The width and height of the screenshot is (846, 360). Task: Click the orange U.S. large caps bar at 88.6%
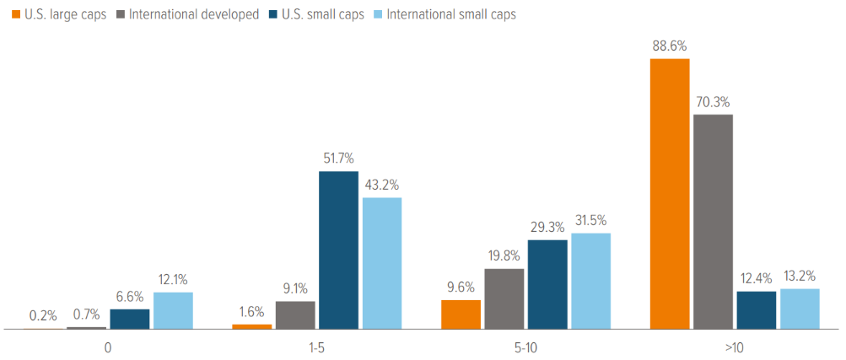point(670,194)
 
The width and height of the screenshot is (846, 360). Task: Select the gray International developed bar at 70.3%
point(713,222)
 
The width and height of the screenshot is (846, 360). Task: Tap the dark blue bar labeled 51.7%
point(338,250)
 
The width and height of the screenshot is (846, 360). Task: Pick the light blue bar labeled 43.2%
point(381,263)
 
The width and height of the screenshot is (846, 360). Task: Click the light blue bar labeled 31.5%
point(590,281)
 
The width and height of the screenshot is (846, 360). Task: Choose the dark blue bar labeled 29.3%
point(547,284)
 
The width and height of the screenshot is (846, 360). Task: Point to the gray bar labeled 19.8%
point(504,298)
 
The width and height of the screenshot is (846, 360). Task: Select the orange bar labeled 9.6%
point(461,314)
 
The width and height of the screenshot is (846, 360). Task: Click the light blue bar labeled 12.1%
point(173,310)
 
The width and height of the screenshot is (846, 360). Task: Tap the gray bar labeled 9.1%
point(295,314)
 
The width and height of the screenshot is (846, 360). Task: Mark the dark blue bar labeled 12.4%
point(757,309)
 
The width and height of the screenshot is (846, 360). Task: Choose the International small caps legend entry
point(444,14)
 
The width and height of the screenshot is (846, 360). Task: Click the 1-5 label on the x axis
point(316,347)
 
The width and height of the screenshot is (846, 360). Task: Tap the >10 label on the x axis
point(734,347)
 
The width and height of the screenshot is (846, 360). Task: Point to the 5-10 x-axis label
point(525,347)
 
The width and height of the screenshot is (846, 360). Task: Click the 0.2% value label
point(43,316)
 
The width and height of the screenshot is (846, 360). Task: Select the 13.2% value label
point(800,276)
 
